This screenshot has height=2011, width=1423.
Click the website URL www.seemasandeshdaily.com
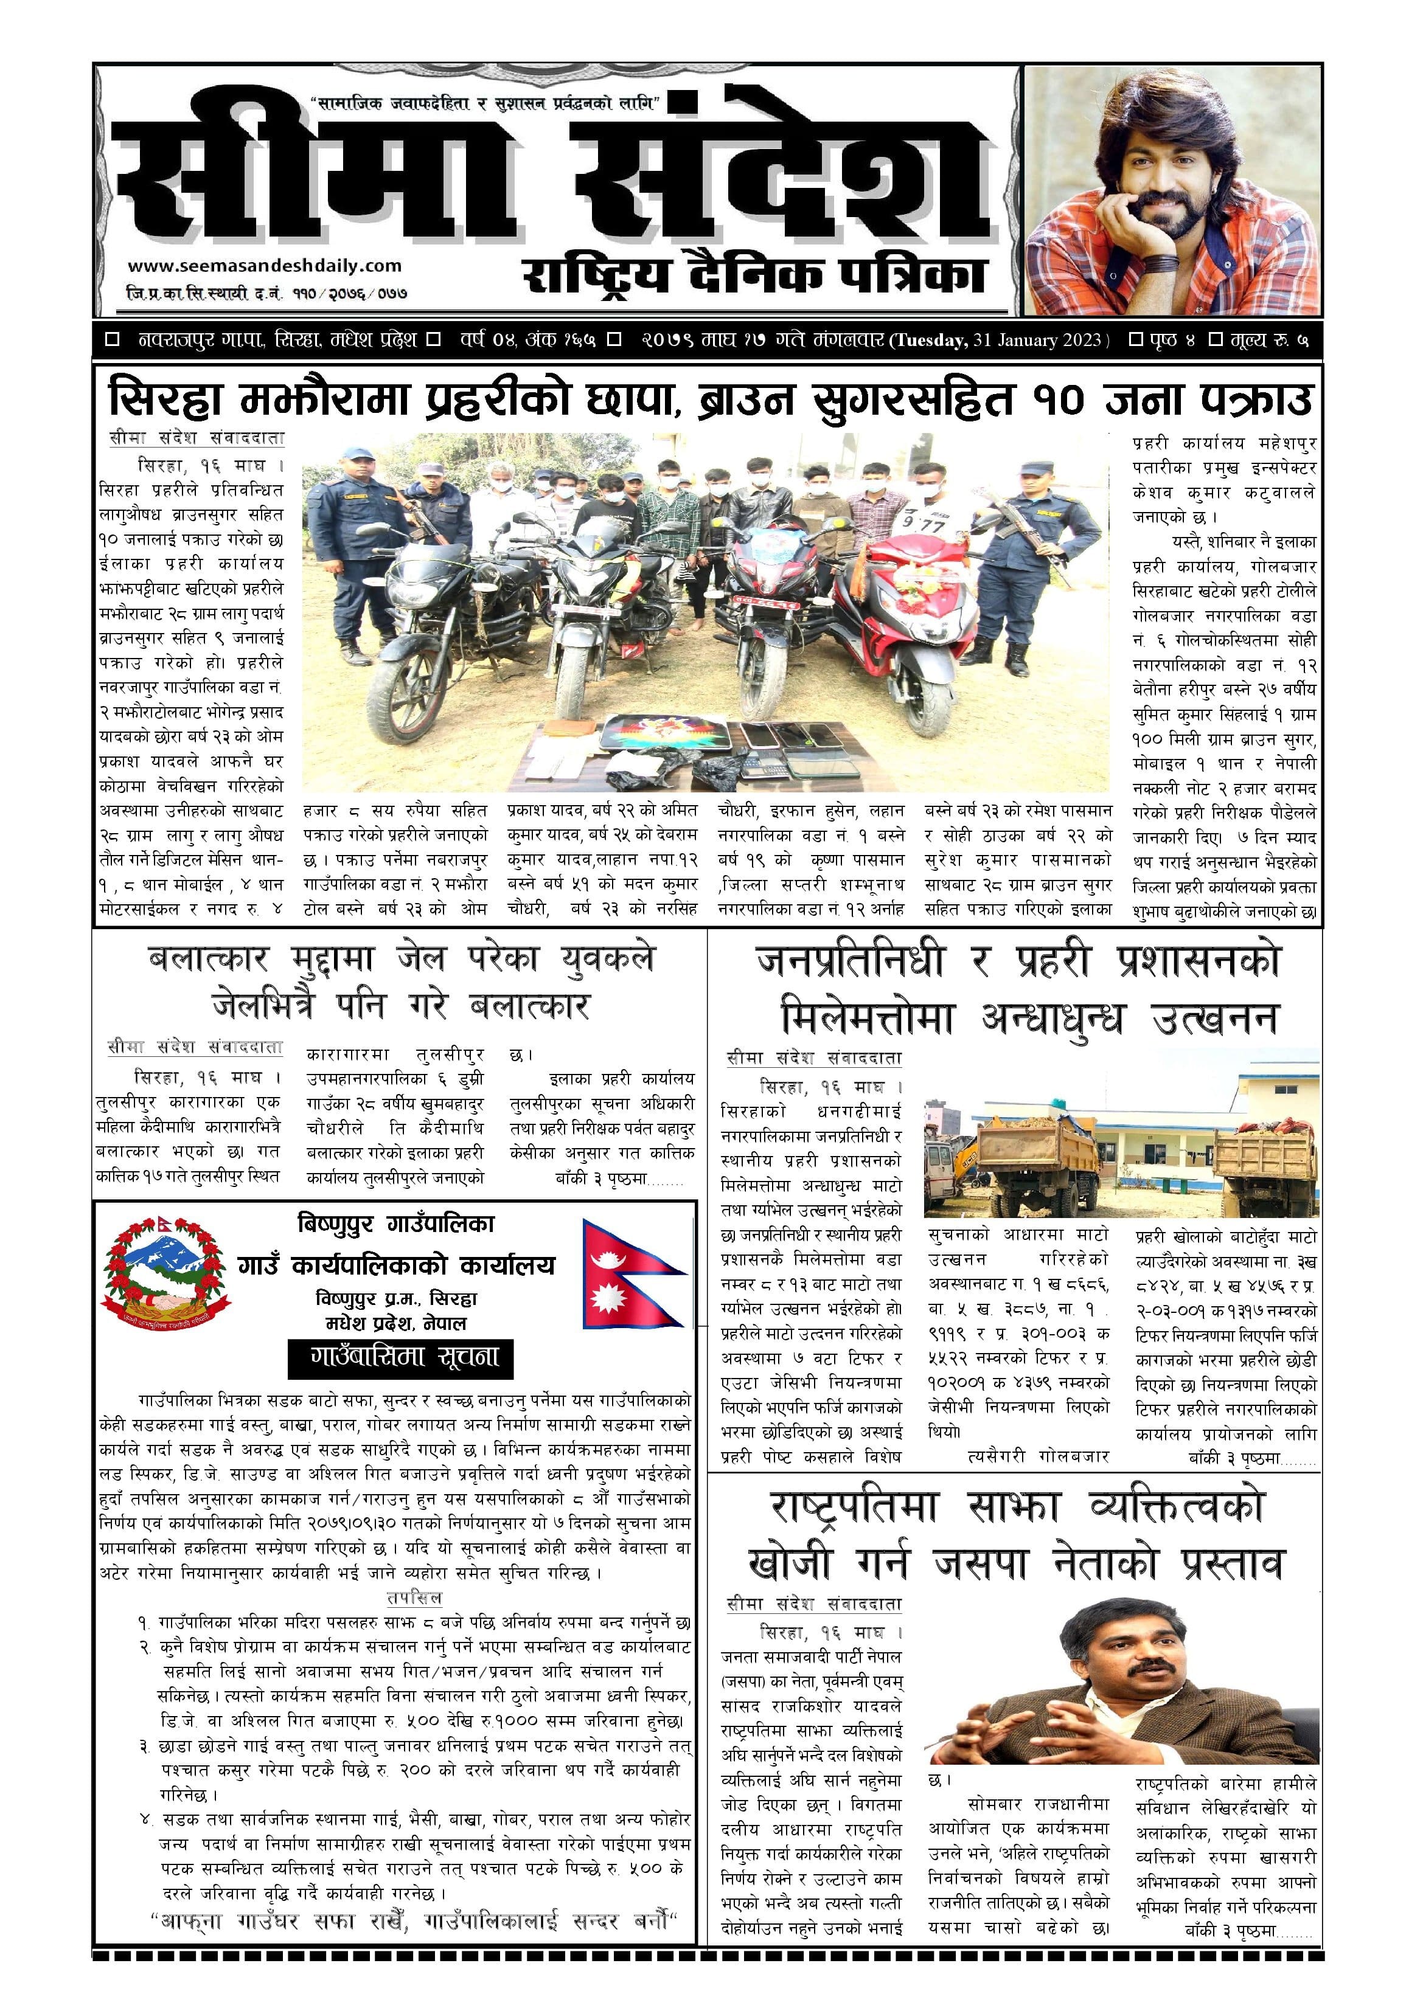[x=264, y=265]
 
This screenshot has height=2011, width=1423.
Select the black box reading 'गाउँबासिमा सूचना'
[x=400, y=1359]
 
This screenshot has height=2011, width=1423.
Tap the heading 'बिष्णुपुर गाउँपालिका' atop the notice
[x=396, y=1224]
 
